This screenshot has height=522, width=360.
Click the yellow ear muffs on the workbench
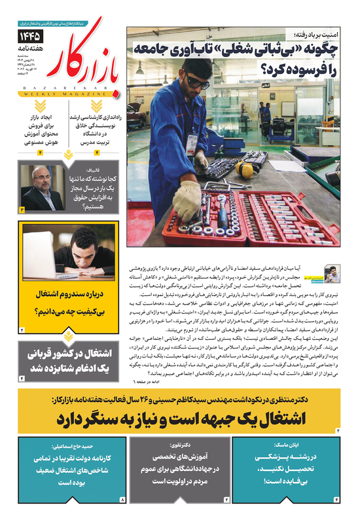pyautogui.click(x=243, y=169)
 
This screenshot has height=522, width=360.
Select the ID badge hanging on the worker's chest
pyautogui.click(x=191, y=145)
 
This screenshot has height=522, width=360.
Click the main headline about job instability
pyautogui.click(x=242, y=58)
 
